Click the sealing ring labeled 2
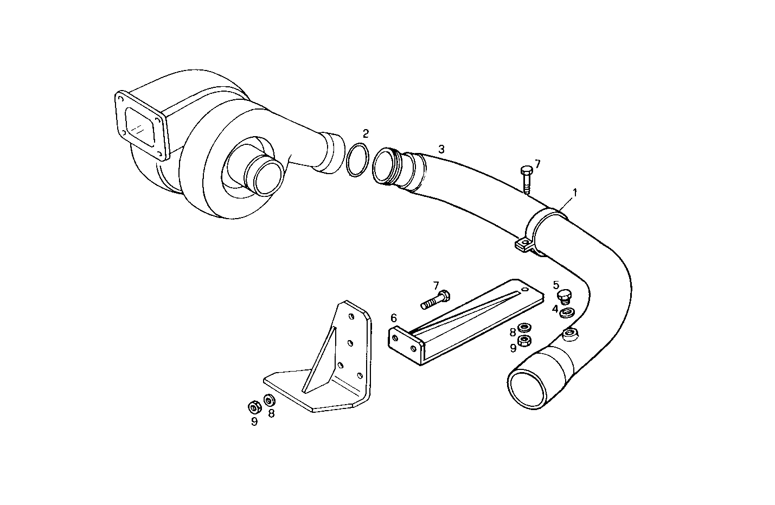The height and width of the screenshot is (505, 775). click(x=356, y=160)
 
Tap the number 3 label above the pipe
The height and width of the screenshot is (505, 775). click(x=441, y=149)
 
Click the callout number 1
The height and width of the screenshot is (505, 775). click(x=574, y=192)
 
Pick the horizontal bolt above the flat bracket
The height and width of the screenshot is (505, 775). click(x=434, y=299)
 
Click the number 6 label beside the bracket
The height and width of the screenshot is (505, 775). click(x=394, y=318)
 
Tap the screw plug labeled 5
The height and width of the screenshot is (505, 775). click(x=565, y=297)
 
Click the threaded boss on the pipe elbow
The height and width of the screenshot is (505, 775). click(x=571, y=334)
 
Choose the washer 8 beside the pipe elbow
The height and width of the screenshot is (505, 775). click(x=524, y=328)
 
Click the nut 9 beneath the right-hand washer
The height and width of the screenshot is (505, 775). click(x=524, y=341)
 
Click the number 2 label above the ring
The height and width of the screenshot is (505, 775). click(x=366, y=133)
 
